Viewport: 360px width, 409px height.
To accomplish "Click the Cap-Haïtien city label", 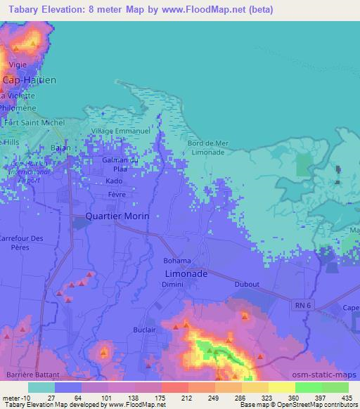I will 29,80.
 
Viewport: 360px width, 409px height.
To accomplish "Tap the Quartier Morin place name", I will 117,216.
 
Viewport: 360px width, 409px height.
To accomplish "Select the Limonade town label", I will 186,273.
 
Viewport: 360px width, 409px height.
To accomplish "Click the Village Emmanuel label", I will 121,131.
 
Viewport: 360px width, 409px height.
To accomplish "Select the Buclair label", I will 144,327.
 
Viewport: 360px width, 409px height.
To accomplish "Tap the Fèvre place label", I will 117,193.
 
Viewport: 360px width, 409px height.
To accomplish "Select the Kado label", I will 114,181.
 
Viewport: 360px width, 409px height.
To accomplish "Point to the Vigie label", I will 18,65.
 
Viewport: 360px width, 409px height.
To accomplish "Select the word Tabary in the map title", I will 20,10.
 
